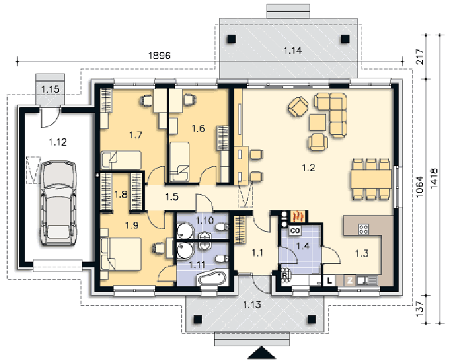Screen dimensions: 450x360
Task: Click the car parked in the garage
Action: click(59, 203)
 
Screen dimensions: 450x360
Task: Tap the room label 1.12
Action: click(58, 142)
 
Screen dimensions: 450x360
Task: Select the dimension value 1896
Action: click(160, 55)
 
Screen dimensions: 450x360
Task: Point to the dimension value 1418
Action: click(434, 178)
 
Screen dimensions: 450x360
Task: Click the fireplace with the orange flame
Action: click(298, 216)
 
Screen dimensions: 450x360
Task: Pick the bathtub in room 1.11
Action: click(212, 278)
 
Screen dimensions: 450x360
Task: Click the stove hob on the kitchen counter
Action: click(363, 229)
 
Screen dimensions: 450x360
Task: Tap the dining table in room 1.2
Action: click(371, 179)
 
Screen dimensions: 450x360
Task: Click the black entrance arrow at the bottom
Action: click(261, 353)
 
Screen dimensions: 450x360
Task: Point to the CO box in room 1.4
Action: click(295, 230)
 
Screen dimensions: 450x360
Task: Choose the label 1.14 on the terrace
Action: click(292, 50)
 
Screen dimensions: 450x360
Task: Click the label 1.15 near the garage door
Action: click(50, 89)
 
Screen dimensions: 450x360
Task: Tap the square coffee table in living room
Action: click(318, 122)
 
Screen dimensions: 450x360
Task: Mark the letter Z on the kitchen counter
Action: click(350, 280)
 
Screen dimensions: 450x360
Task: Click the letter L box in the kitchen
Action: click(330, 280)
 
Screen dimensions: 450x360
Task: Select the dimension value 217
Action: click(420, 57)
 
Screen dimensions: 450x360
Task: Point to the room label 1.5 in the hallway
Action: click(172, 197)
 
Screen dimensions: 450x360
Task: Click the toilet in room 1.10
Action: click(222, 227)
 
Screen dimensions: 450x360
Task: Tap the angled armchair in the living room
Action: click(298, 106)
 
